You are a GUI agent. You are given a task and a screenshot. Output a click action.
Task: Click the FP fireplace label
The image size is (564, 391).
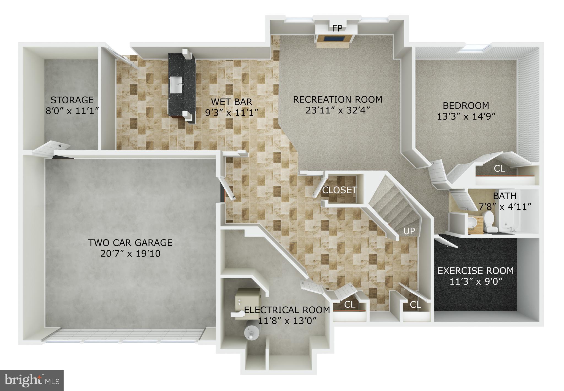[x=337, y=29]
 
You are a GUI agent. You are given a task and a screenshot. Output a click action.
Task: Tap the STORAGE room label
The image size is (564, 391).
[x=72, y=100]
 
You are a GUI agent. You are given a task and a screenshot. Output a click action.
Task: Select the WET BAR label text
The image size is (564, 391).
[x=231, y=102]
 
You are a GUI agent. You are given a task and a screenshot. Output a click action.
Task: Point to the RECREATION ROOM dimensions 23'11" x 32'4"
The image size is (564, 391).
[x=337, y=110]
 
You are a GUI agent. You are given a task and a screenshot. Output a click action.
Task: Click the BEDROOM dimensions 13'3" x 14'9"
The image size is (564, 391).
[x=466, y=117]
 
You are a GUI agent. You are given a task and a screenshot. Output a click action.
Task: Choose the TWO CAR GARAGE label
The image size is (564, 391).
[x=130, y=243]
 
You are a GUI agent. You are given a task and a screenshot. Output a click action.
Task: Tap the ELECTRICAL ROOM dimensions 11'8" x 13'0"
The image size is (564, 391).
[x=287, y=321]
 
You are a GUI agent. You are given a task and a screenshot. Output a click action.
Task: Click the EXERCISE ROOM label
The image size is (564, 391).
[x=476, y=271]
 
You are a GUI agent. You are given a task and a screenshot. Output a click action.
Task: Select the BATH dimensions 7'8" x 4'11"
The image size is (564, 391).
[x=505, y=207]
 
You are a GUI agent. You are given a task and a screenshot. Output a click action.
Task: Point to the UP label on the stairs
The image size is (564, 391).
[x=409, y=231]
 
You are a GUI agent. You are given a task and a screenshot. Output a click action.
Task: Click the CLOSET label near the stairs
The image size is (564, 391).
[x=340, y=190]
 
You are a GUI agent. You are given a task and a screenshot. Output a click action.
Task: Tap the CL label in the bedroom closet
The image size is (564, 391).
[x=499, y=169]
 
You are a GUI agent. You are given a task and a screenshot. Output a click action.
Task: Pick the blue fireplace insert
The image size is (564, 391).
[x=333, y=38]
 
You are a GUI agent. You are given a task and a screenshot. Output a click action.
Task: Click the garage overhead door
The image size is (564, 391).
[x=125, y=335]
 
